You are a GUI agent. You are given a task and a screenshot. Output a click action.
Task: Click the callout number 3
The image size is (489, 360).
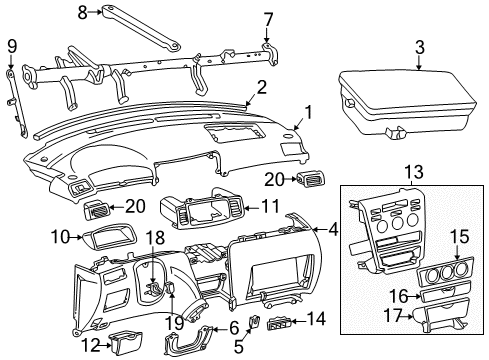click(419, 46)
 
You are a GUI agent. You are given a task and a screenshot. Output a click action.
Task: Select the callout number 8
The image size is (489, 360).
click(82, 12)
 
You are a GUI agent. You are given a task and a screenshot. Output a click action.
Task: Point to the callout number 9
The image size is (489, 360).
click(12, 45)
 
